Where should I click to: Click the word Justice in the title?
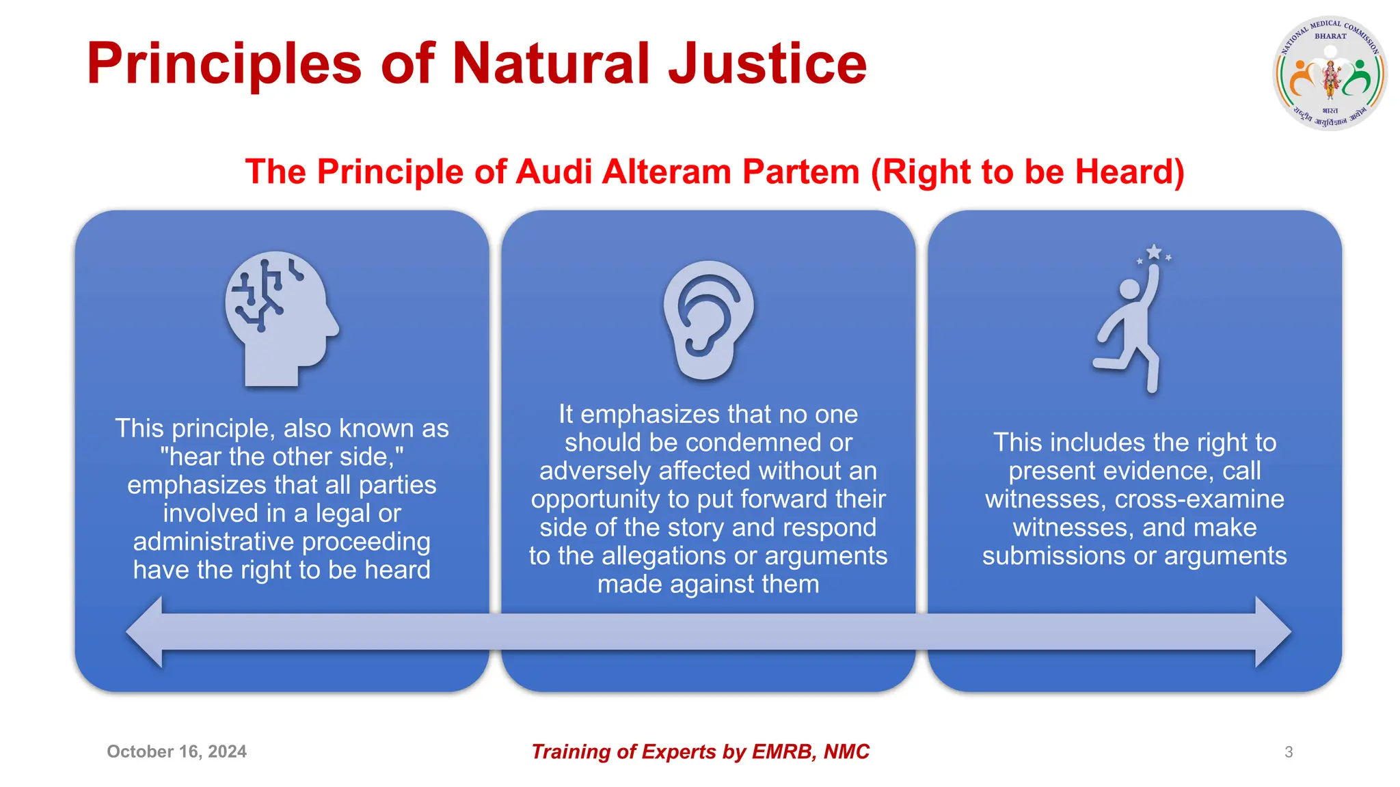click(x=767, y=64)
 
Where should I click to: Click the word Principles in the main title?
click(x=224, y=64)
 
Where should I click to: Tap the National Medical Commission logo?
click(x=1329, y=74)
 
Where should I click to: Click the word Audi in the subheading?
click(x=554, y=171)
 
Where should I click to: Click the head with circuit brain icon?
click(x=281, y=318)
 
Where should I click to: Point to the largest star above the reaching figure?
click(x=1154, y=252)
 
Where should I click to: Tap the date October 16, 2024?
click(x=176, y=751)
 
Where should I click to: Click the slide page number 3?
click(x=1289, y=752)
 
